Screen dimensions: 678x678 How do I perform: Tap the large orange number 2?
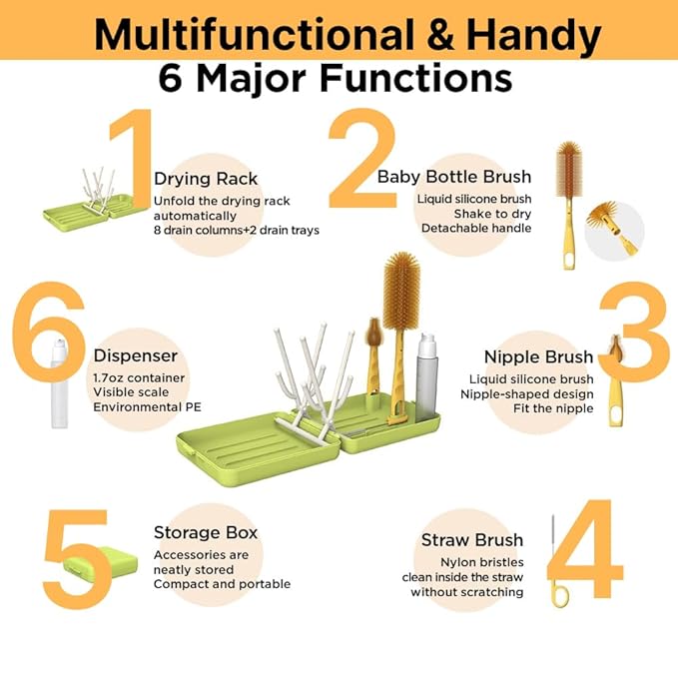(x=362, y=158)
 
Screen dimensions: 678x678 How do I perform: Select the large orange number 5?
(x=77, y=558)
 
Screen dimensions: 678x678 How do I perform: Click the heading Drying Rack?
(x=206, y=179)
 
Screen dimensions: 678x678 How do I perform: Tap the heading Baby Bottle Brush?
(x=454, y=177)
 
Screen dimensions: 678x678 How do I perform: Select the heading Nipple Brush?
(x=538, y=356)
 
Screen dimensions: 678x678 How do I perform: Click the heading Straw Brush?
(x=472, y=539)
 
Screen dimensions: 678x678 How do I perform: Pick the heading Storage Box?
(x=206, y=532)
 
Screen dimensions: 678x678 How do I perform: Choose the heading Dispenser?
(x=136, y=355)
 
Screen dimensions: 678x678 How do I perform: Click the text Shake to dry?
(x=492, y=214)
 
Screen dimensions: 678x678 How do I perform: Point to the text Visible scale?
(x=131, y=392)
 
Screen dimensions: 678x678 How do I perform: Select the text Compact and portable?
(x=222, y=584)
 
